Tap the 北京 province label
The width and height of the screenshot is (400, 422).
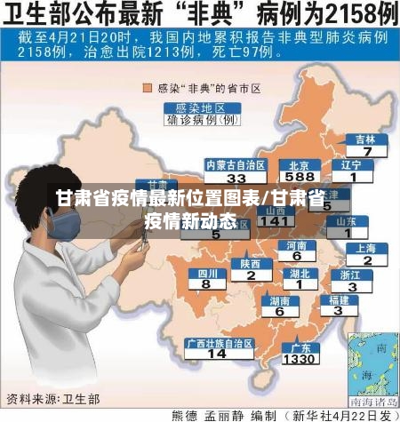[300, 164]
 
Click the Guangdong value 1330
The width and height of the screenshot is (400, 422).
[300, 359]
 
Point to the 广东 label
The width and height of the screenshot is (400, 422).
[300, 347]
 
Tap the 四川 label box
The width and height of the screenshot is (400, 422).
[206, 274]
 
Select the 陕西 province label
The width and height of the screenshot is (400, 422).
[251, 264]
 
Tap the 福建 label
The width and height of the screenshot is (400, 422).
[339, 299]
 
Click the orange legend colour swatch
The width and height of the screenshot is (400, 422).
[148, 88]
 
